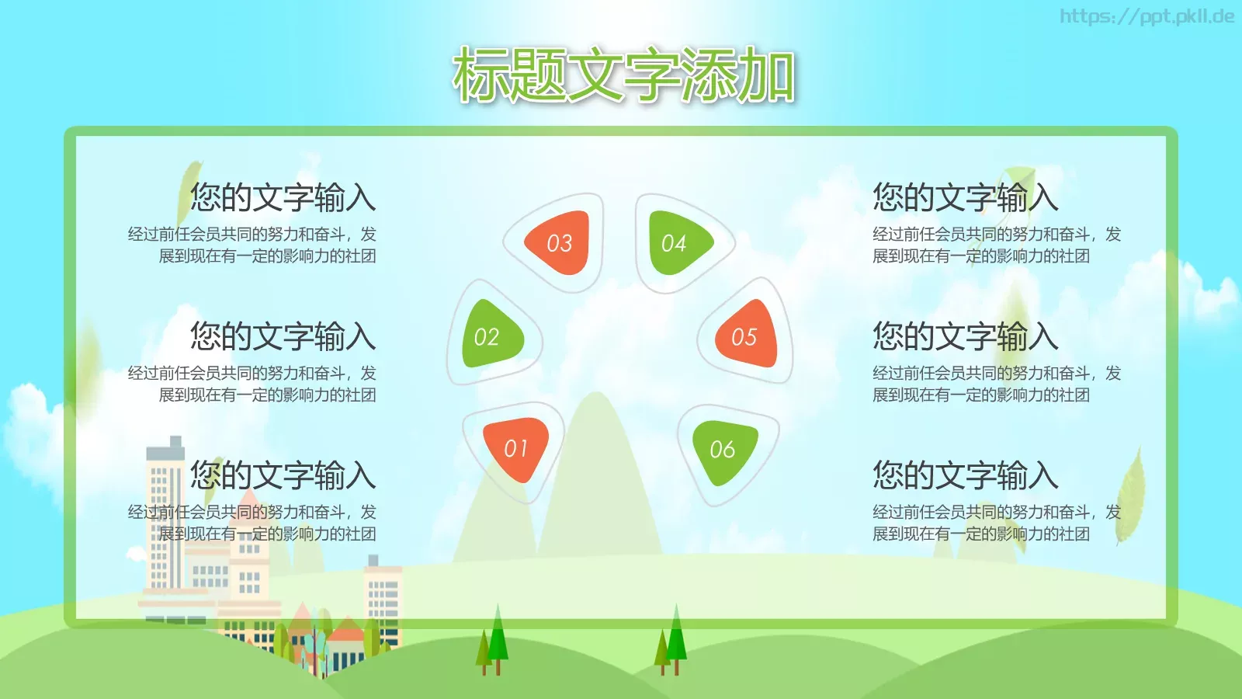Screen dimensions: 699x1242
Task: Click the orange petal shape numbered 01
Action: (515, 448)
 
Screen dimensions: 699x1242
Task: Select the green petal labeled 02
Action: (489, 336)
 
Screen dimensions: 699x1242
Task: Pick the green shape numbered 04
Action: (675, 243)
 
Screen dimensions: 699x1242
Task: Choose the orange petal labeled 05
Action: (746, 336)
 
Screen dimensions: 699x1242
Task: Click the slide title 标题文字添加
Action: (623, 75)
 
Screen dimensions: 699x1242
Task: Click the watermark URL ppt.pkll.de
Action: (1147, 16)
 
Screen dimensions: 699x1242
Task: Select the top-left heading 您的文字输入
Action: (283, 197)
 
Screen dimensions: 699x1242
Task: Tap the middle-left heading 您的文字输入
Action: (283, 336)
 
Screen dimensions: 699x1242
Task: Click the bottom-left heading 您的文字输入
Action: (283, 475)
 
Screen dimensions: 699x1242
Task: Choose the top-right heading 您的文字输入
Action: (965, 197)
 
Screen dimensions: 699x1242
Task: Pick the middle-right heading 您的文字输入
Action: (965, 336)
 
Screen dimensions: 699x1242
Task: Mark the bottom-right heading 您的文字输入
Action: (965, 475)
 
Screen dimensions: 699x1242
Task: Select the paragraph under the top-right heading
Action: (996, 245)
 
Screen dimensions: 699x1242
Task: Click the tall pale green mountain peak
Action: (596, 466)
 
